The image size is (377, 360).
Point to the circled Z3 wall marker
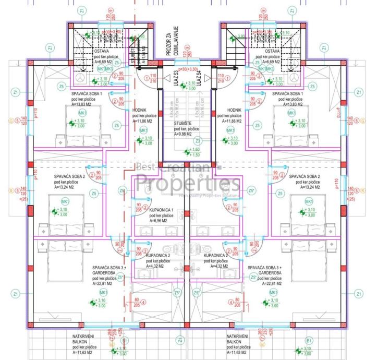[198, 140]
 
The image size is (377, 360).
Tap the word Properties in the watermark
[188, 183]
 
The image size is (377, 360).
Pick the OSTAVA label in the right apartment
[272, 51]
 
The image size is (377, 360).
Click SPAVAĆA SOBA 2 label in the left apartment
[70, 176]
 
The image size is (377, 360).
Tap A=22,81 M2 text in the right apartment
[271, 284]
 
